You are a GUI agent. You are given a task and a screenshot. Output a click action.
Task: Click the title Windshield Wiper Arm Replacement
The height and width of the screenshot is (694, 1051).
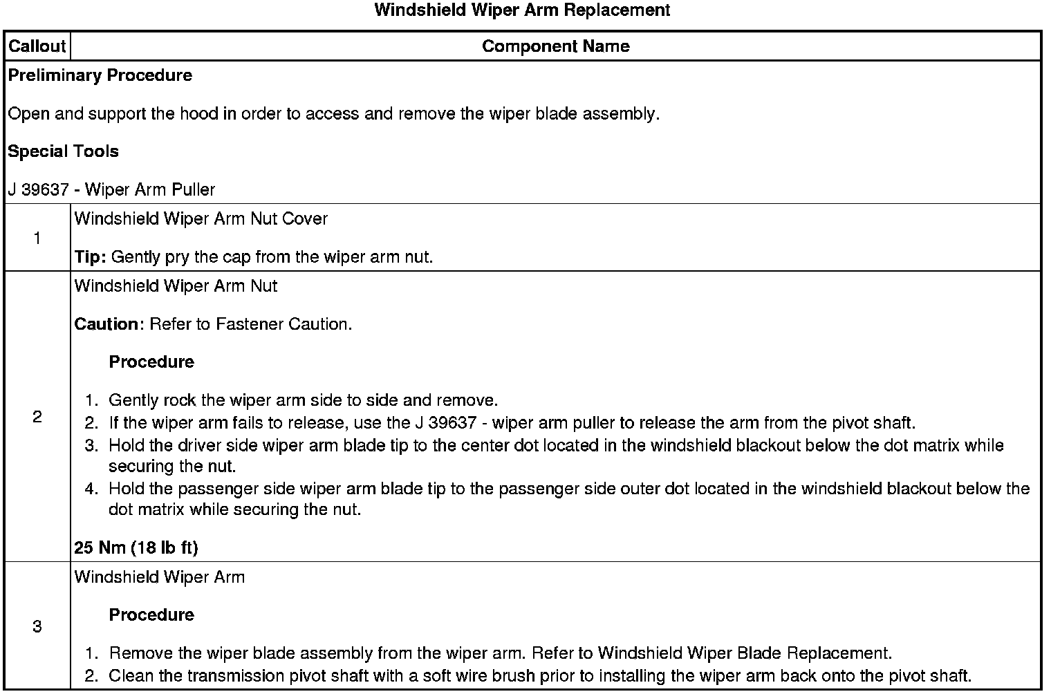click(x=522, y=10)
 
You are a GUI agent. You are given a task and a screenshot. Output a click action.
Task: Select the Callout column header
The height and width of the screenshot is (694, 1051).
click(x=37, y=46)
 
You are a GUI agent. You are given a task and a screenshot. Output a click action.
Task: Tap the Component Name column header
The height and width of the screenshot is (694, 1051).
click(x=555, y=46)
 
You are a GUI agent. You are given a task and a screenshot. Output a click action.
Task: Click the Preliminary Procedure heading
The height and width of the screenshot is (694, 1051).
click(x=100, y=75)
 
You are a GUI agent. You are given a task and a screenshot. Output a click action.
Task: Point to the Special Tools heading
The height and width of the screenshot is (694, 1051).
click(x=63, y=151)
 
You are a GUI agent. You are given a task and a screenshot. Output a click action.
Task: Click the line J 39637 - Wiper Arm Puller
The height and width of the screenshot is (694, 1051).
click(x=111, y=189)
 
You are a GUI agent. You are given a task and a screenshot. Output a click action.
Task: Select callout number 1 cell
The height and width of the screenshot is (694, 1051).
click(x=37, y=238)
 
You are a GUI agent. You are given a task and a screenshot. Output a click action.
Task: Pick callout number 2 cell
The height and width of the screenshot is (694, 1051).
click(x=37, y=417)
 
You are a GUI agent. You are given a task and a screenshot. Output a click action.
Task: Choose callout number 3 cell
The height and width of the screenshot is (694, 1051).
click(x=37, y=627)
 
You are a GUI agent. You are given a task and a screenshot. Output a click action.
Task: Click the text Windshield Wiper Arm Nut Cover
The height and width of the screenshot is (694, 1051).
click(x=201, y=219)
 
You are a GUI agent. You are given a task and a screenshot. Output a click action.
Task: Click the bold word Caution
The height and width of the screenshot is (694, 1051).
click(x=106, y=324)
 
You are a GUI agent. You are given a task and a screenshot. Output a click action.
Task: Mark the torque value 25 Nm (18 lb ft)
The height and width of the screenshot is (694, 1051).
click(x=136, y=548)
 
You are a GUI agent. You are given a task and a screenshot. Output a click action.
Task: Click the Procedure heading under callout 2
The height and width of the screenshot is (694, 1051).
click(x=151, y=362)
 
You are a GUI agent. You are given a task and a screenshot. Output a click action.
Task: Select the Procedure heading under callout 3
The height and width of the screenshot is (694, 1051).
click(x=151, y=615)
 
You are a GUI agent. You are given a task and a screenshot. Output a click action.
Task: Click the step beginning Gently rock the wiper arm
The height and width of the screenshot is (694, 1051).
click(x=303, y=401)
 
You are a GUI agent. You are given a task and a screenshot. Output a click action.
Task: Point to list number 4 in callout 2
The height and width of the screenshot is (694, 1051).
click(x=91, y=489)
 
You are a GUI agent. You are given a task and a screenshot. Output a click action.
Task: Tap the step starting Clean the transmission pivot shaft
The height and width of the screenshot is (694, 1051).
click(x=539, y=676)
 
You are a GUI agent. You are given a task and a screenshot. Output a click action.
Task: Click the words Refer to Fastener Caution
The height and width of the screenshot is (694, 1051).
click(x=250, y=324)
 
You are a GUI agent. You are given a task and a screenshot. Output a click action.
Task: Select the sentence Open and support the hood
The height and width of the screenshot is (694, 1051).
click(x=333, y=113)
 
